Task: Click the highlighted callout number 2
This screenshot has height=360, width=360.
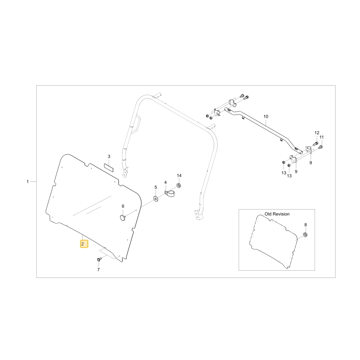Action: pyautogui.click(x=84, y=244)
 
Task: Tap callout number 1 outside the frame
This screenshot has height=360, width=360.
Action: pyautogui.click(x=28, y=181)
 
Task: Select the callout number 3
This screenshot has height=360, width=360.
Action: pyautogui.click(x=109, y=156)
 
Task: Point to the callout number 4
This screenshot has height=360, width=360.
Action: pyautogui.click(x=165, y=183)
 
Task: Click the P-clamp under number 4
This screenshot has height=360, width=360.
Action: pyautogui.click(x=170, y=194)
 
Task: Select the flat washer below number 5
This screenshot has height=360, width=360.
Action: pyautogui.click(x=156, y=199)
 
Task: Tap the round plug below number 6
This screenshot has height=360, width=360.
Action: pyautogui.click(x=123, y=218)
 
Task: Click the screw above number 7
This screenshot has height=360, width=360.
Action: pyautogui.click(x=99, y=260)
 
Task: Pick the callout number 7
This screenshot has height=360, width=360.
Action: pyautogui.click(x=99, y=270)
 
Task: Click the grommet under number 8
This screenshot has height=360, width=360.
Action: pyautogui.click(x=305, y=235)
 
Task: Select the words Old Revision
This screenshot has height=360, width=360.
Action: pyautogui.click(x=277, y=214)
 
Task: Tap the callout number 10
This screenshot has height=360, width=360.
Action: pyautogui.click(x=266, y=116)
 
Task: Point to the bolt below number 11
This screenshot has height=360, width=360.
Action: pyautogui.click(x=321, y=147)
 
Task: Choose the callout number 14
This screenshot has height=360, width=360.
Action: pyautogui.click(x=179, y=175)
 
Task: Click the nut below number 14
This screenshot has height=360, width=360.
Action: pyautogui.click(x=179, y=185)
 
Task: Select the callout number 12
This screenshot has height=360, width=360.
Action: pyautogui.click(x=317, y=133)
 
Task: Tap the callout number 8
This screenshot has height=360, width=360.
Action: pyautogui.click(x=305, y=225)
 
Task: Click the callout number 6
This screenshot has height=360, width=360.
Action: pyautogui.click(x=123, y=206)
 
